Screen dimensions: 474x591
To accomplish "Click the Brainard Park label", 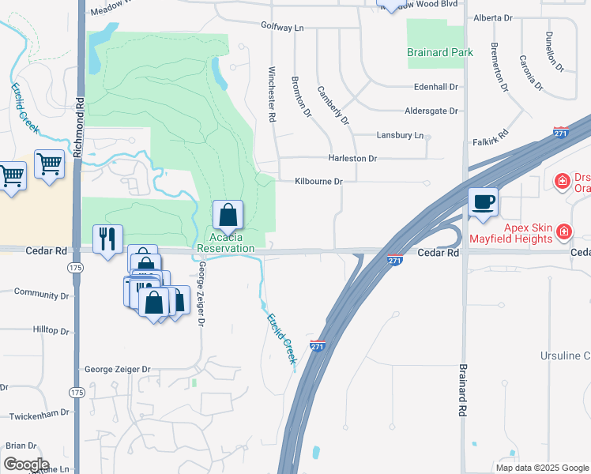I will pyautogui.click(x=440, y=52).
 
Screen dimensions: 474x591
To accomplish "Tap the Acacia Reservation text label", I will pyautogui.click(x=226, y=243).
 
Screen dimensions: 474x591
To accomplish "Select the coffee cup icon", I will pyautogui.click(x=483, y=201).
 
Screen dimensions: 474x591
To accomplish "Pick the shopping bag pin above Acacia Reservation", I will pyautogui.click(x=228, y=214).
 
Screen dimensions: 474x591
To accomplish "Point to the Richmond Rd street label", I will pyautogui.click(x=79, y=128).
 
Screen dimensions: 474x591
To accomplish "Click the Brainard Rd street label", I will pyautogui.click(x=463, y=390).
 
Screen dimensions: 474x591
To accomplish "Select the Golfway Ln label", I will pyautogui.click(x=282, y=27).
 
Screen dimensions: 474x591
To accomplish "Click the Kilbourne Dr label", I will pyautogui.click(x=318, y=182).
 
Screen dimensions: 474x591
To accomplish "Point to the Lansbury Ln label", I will pyautogui.click(x=400, y=135).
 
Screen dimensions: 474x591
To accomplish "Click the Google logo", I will pyautogui.click(x=26, y=465).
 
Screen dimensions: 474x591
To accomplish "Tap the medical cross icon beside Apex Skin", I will pyautogui.click(x=563, y=231).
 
